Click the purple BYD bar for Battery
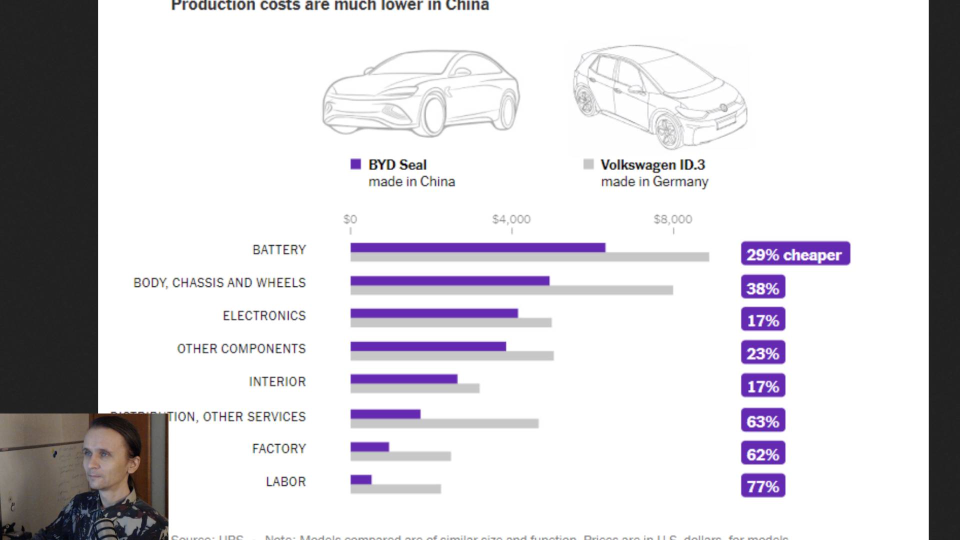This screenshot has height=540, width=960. [477, 247]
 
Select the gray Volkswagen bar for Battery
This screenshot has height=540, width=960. [529, 257]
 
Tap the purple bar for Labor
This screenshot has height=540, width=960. [361, 480]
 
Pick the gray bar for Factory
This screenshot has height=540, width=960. [400, 456]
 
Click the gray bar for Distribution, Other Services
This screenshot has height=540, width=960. [444, 423]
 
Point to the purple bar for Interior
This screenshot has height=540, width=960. [403, 379]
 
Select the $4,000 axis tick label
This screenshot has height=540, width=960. [511, 219]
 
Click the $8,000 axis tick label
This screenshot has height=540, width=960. [672, 219]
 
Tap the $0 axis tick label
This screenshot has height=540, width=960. [350, 219]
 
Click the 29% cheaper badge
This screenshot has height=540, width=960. [795, 254]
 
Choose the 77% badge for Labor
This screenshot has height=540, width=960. [763, 486]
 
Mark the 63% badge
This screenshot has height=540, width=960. [763, 420]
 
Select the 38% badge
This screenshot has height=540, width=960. [763, 287]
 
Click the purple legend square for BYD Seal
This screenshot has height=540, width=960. [355, 164]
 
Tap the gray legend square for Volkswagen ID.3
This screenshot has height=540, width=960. [588, 164]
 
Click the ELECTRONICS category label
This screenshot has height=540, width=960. [264, 315]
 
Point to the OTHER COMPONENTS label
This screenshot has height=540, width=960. [241, 348]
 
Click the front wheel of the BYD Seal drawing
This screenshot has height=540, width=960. [432, 116]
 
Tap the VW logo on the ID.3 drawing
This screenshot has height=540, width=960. [723, 107]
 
